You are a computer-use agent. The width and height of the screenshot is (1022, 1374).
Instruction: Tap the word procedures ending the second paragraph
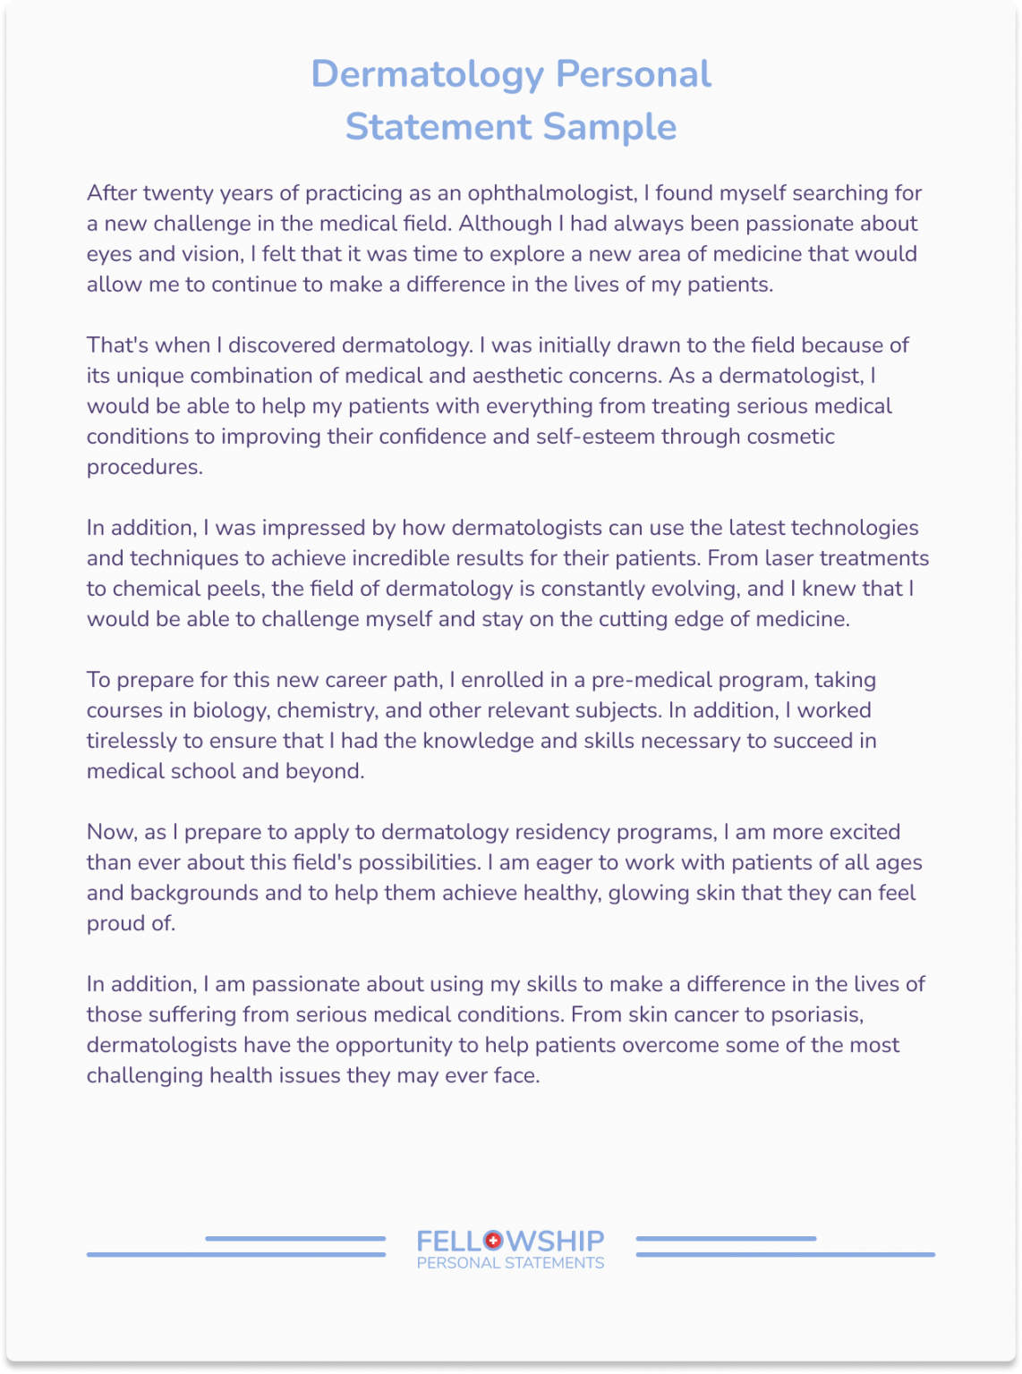tap(144, 467)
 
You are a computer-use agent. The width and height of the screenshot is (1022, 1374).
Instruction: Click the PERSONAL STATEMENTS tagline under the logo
tap(510, 1263)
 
